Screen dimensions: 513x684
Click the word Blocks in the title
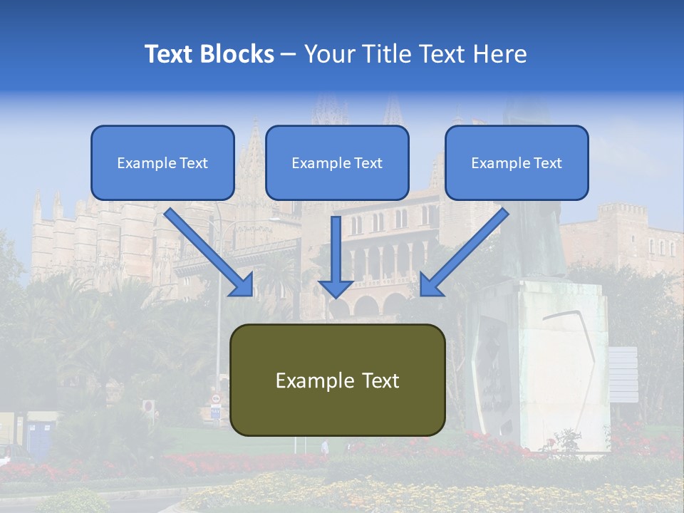[238, 54]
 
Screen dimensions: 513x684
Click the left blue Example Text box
[162, 162]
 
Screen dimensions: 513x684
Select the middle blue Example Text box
[337, 162]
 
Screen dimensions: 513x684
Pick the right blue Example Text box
[517, 162]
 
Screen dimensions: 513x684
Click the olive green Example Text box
[337, 380]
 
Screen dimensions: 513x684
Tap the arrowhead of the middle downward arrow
[336, 288]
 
